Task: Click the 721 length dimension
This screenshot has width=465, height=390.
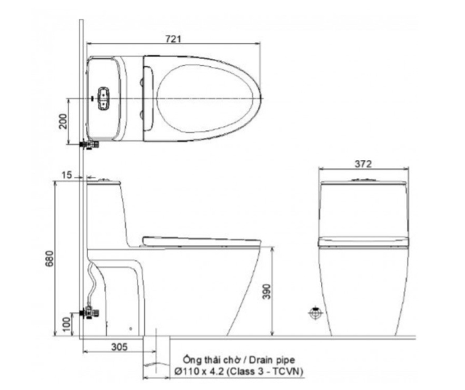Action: (173, 39)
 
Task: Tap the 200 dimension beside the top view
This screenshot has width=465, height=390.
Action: (63, 121)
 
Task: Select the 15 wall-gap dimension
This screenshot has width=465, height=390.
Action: (67, 175)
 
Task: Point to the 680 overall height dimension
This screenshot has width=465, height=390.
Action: (49, 258)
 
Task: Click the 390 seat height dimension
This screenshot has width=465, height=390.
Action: (267, 292)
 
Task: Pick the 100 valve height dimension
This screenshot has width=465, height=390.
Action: (68, 324)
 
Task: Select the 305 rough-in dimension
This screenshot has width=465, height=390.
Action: (119, 346)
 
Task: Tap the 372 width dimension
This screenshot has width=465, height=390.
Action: (363, 164)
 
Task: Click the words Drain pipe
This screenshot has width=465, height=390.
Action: (272, 360)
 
